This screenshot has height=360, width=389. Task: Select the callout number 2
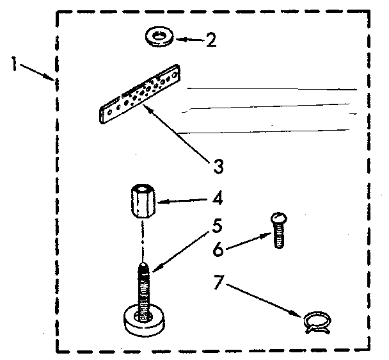[x=210, y=40]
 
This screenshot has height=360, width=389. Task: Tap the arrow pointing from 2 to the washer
[x=189, y=40]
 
